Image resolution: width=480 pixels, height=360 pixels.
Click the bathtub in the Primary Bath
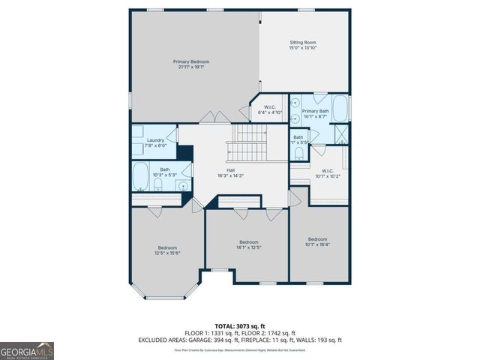point(340,109)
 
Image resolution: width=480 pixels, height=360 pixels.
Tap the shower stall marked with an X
point(341,135)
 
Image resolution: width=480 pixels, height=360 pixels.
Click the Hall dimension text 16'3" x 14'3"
point(230,175)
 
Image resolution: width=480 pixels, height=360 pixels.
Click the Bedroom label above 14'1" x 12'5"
point(248,241)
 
